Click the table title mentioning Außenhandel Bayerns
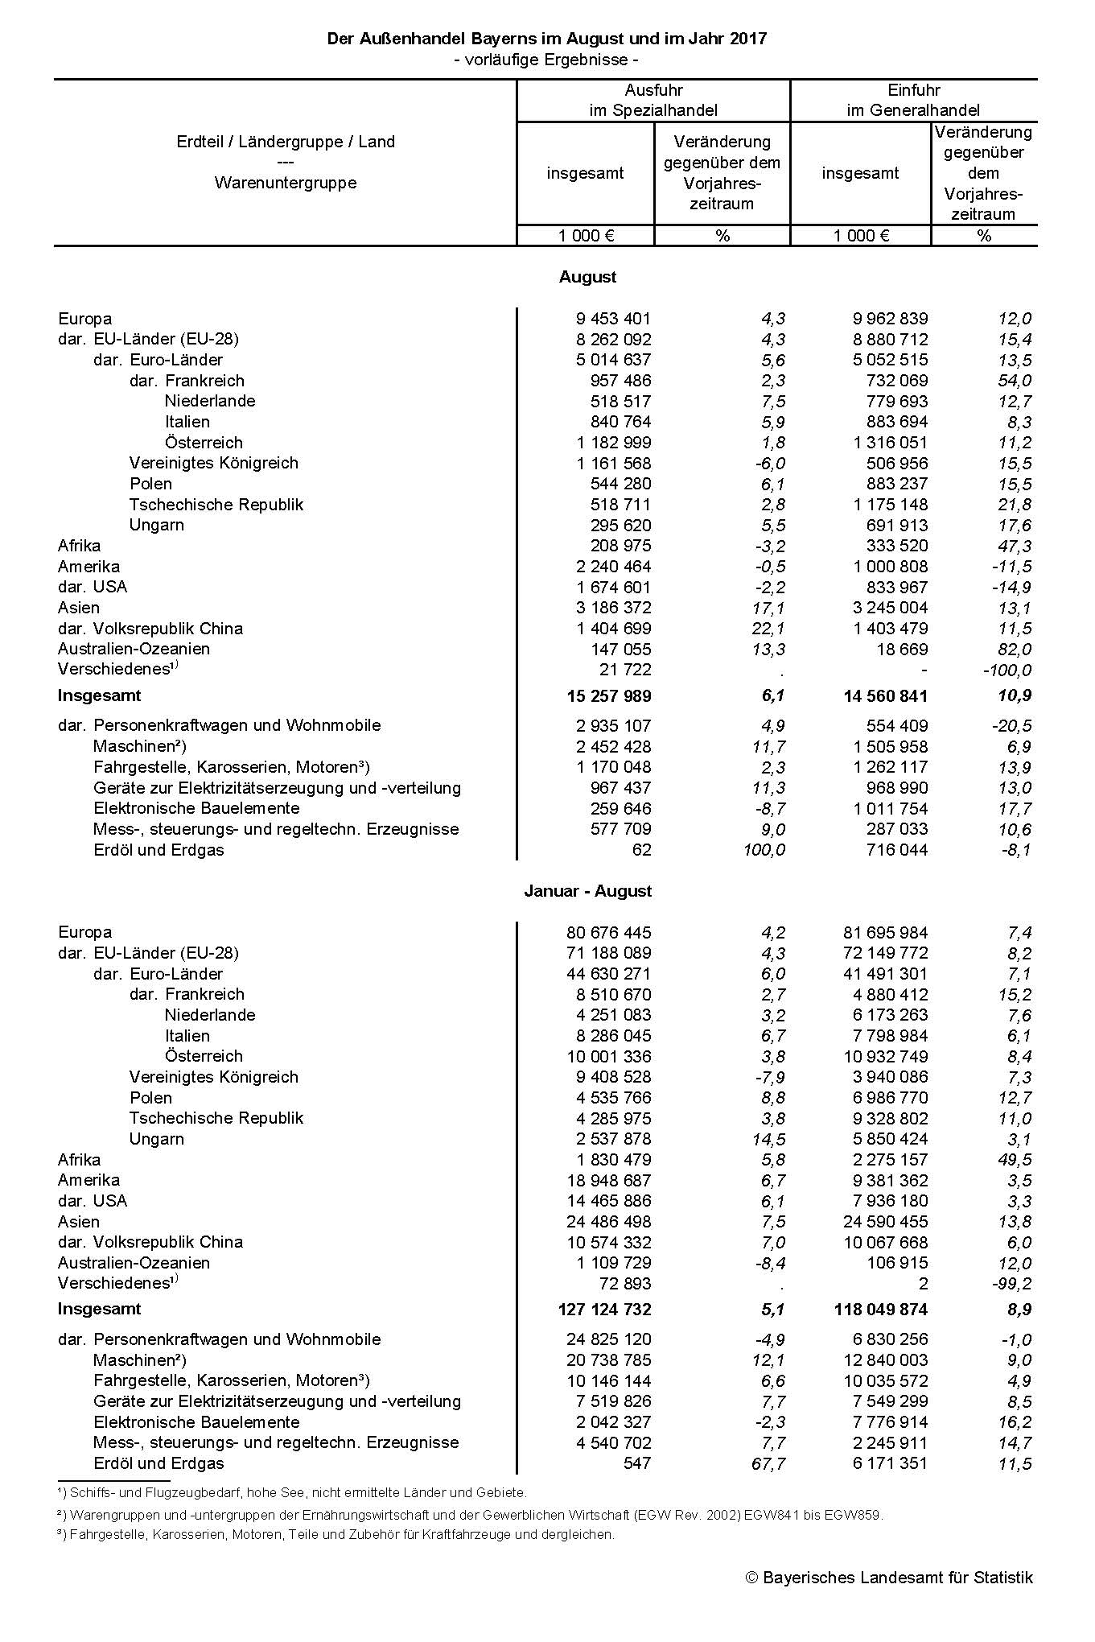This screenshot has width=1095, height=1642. [546, 39]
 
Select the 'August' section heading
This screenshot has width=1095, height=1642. [587, 277]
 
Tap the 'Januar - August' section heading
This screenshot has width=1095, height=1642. [587, 891]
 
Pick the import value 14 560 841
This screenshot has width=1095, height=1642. [880, 695]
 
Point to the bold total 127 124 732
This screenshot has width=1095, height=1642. [604, 1310]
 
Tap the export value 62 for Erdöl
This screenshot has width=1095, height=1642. [641, 850]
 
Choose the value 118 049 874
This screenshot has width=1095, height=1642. [880, 1310]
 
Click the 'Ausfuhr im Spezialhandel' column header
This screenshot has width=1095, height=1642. [653, 100]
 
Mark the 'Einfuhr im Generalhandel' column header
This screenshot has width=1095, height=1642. [913, 100]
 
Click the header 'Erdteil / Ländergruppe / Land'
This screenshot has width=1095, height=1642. [286, 142]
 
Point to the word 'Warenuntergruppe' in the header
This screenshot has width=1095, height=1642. [286, 183]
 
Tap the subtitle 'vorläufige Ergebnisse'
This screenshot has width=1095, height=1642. [546, 60]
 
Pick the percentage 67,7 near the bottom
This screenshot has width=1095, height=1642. [767, 1463]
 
